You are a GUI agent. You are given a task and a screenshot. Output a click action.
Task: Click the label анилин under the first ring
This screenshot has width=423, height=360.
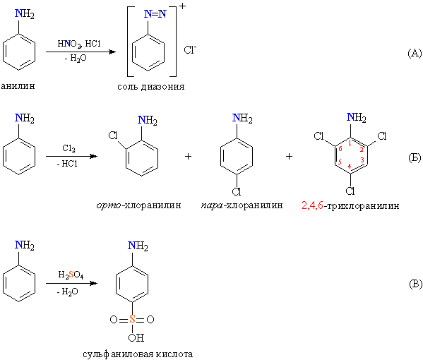point(18,85)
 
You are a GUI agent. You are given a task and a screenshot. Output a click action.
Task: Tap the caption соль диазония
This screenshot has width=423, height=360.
point(151,87)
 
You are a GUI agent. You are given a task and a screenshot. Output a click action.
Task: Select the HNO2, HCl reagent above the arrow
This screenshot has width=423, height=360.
point(79,44)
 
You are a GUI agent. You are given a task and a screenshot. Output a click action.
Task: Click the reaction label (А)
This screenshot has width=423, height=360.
point(415,53)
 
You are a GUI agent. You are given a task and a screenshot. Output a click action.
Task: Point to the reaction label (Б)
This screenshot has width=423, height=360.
point(415,157)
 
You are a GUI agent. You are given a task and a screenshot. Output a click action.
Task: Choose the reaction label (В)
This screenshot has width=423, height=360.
point(415,284)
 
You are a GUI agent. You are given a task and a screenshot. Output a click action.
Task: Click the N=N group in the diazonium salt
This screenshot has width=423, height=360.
point(155,13)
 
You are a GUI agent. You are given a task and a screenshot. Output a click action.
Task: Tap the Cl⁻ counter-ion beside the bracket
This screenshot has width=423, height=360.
point(190,49)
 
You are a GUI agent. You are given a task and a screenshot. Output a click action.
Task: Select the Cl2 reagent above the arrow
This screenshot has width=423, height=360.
point(68,148)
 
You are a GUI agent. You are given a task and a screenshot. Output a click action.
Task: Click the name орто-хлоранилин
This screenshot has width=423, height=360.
point(138,205)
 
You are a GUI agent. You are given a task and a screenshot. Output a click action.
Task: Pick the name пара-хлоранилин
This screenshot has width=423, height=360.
point(242,205)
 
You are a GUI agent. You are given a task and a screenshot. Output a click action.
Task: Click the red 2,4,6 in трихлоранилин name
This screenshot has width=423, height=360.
point(312,205)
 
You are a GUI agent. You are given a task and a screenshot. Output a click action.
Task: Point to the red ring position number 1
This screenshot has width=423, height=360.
point(350,143)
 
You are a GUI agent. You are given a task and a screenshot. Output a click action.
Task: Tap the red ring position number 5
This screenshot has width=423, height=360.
point(340,162)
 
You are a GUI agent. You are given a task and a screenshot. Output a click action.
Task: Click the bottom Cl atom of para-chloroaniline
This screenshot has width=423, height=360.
point(237,191)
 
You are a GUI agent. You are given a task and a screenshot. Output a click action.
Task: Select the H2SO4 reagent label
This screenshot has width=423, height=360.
point(71,275)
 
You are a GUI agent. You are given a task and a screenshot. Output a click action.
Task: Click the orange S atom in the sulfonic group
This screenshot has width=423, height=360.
point(132,319)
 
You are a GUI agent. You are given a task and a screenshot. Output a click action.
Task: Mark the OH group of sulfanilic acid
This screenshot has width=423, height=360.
point(136,337)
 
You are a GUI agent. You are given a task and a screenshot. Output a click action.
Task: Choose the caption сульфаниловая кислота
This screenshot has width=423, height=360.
point(138,354)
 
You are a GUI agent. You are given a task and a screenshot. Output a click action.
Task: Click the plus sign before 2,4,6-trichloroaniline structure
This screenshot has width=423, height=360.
point(289,156)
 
